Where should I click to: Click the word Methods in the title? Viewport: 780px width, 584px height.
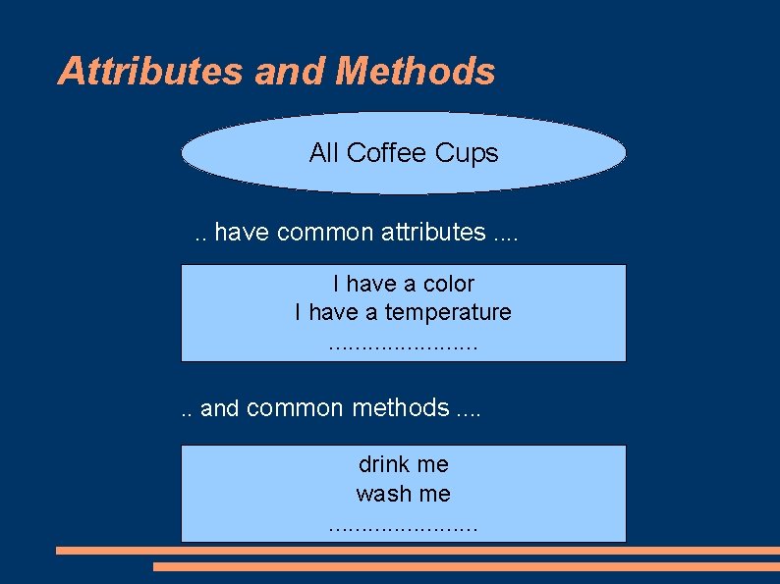point(416,72)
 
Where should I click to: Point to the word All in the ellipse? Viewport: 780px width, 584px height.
point(323,153)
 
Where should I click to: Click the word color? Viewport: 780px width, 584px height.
point(449,285)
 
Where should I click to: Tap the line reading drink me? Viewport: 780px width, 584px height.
point(403,464)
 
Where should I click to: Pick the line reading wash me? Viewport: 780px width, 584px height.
point(403,494)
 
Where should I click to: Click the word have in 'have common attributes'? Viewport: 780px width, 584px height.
point(243,233)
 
